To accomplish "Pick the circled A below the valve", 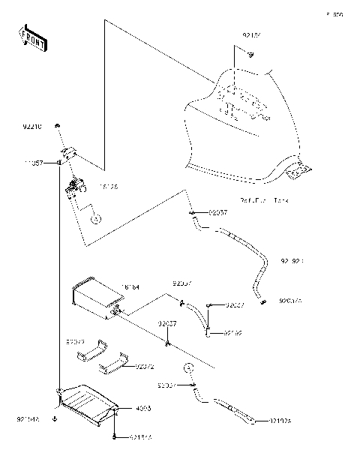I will (96, 220).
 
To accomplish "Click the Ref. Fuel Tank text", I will (264, 201).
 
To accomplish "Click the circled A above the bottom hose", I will (190, 368).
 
